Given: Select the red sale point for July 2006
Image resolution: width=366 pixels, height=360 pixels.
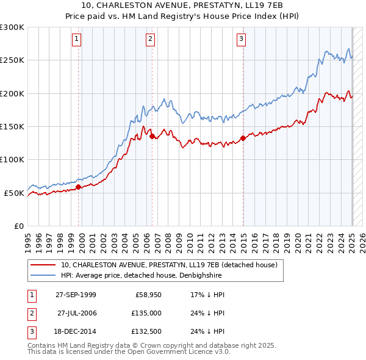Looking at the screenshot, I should (152, 136).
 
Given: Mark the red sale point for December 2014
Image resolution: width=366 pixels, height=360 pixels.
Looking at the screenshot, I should (243, 138).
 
